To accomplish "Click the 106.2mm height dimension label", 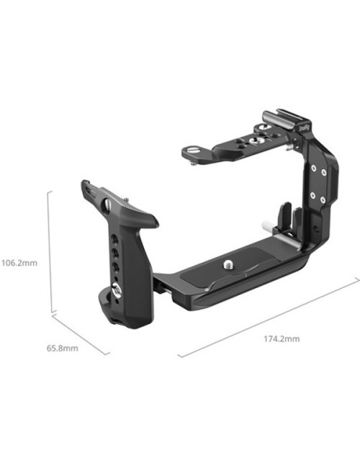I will click(18, 263).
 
